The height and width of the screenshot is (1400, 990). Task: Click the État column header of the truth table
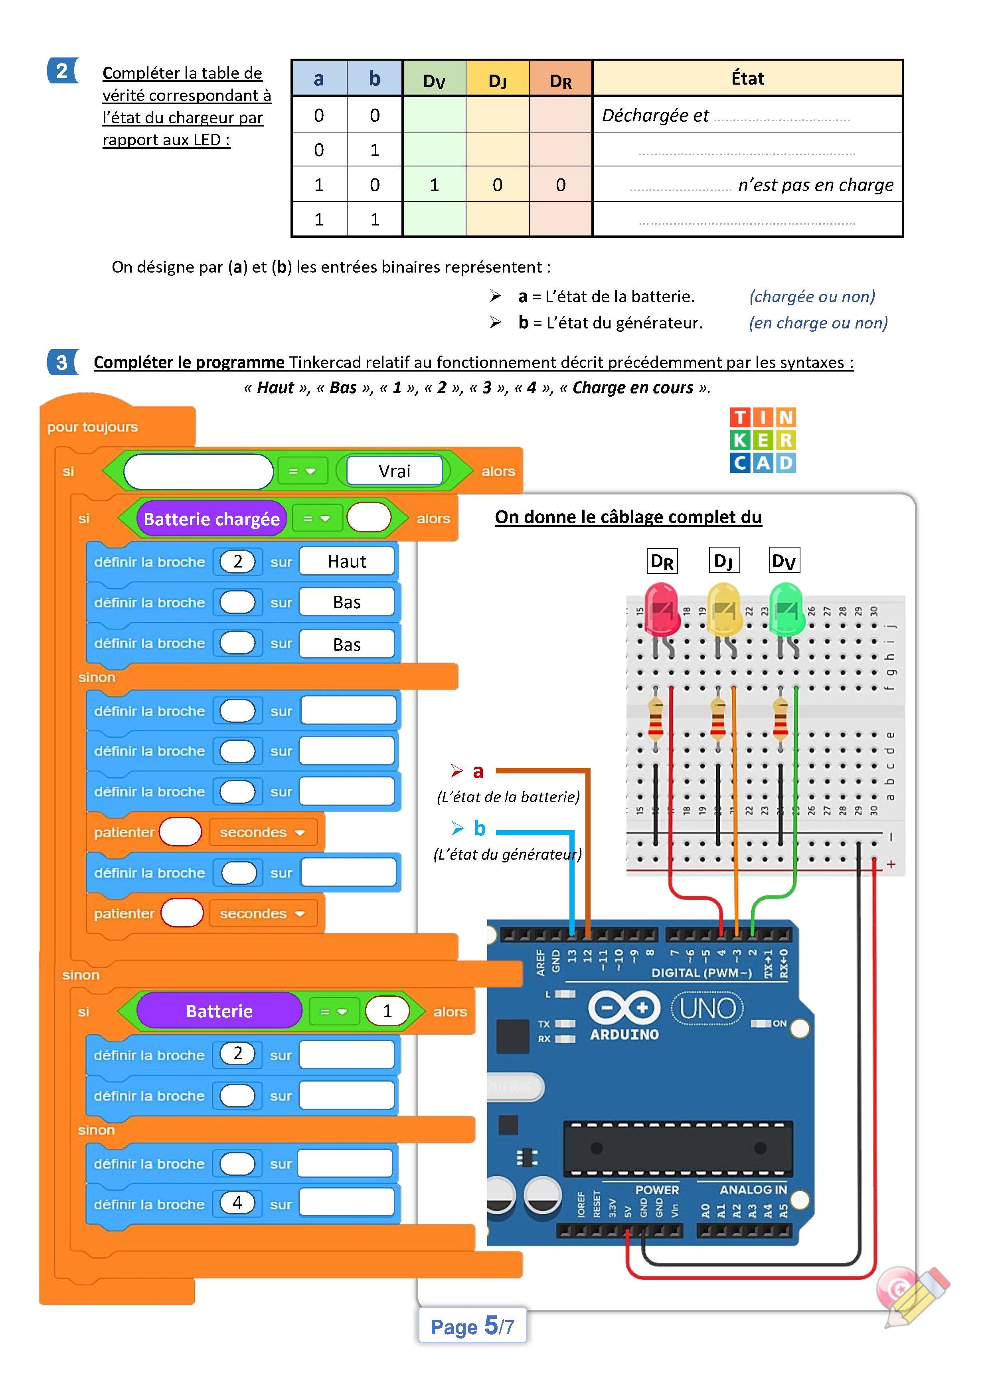(747, 79)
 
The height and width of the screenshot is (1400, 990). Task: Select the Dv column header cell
(434, 80)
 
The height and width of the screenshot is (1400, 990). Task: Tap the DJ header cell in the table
(498, 80)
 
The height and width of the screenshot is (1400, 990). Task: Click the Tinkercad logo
(763, 440)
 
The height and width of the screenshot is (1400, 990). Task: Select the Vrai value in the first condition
(394, 471)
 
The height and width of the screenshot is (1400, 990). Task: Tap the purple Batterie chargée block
(211, 519)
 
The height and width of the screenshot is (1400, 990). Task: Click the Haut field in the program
(347, 562)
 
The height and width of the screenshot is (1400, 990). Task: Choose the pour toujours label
(93, 427)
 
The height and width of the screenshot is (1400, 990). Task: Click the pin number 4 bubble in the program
(237, 1202)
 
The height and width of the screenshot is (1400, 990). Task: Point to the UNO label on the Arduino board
(707, 1008)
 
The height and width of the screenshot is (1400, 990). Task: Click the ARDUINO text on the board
(624, 1035)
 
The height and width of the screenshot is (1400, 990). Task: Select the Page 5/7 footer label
(472, 1326)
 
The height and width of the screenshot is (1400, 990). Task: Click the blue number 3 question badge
(61, 363)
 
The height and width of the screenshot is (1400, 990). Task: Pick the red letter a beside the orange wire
(478, 771)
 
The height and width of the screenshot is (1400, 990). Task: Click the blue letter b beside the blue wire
(480, 828)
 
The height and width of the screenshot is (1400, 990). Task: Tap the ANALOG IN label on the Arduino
(753, 1190)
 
